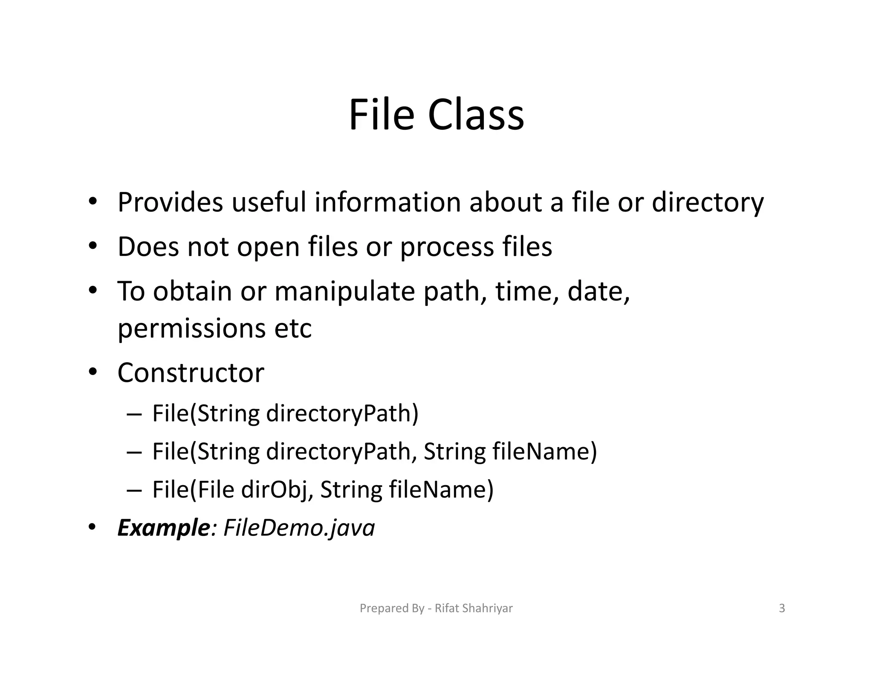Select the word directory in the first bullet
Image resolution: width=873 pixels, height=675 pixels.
(x=708, y=203)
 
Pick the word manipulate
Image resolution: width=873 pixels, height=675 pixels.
(x=344, y=292)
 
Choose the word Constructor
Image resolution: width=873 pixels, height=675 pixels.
(x=191, y=373)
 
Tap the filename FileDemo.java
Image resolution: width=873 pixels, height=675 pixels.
(x=299, y=528)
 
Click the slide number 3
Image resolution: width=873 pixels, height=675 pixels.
(x=782, y=608)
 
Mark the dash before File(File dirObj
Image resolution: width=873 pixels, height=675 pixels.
(x=134, y=490)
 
